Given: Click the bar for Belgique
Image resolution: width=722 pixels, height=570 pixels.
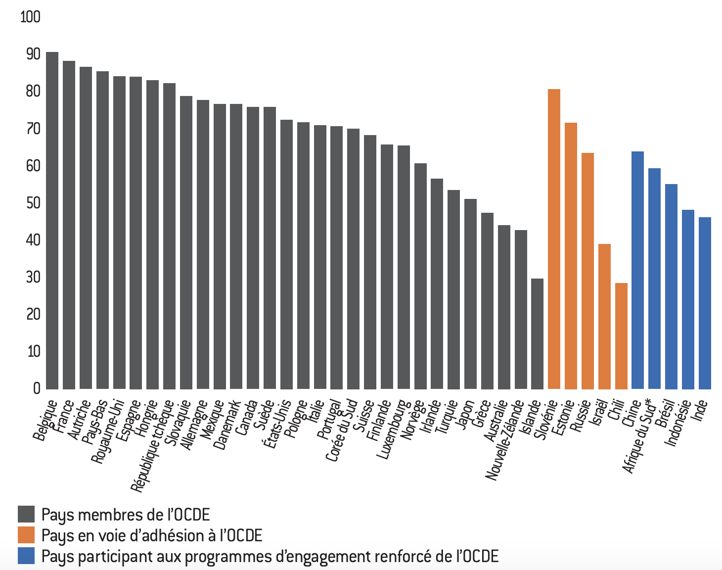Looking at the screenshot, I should tap(52, 220).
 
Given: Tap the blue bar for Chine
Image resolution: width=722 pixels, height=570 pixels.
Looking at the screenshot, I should tap(637, 270).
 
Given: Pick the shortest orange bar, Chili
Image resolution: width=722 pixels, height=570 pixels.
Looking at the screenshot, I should tap(621, 336).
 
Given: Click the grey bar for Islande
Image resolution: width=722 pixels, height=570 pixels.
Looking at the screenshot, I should tap(537, 333).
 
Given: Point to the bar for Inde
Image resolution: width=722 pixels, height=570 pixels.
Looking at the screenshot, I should tap(705, 303).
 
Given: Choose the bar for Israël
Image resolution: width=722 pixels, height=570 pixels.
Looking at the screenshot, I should tap(604, 316).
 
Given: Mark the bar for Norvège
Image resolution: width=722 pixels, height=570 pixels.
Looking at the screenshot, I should tap(420, 276).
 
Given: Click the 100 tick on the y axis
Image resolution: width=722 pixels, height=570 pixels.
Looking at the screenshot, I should tap(30, 17).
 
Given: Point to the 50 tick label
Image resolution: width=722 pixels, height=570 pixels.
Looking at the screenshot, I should tap(33, 203).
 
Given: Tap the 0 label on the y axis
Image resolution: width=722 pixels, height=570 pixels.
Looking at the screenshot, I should tap(37, 388).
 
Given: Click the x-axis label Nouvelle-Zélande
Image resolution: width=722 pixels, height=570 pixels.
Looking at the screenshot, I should tap(505, 440).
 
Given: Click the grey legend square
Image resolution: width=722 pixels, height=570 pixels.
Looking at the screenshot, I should tap(26, 514).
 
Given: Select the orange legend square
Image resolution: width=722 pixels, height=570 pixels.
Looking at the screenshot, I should tap(26, 535).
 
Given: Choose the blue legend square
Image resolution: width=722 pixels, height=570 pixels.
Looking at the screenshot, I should tap(26, 556).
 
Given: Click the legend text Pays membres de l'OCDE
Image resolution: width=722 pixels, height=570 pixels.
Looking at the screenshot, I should tap(126, 515).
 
